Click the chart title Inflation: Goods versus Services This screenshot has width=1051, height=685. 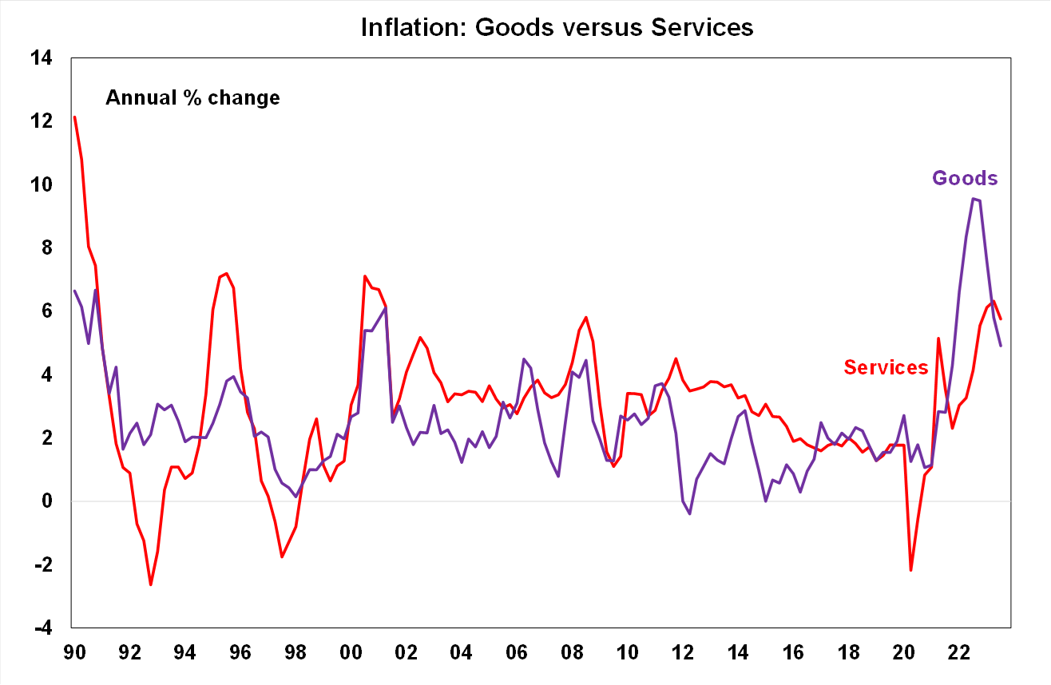pyautogui.click(x=557, y=27)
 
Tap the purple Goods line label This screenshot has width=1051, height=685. pyautogui.click(x=965, y=178)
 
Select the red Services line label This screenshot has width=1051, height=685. pyautogui.click(x=886, y=367)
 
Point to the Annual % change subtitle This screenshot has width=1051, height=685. pyautogui.click(x=192, y=98)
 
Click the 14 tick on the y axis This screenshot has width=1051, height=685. pyautogui.click(x=41, y=58)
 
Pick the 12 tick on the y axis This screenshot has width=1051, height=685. pyautogui.click(x=41, y=121)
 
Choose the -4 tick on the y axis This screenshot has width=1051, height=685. pyautogui.click(x=41, y=628)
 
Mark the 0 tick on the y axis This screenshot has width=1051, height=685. pyautogui.click(x=47, y=501)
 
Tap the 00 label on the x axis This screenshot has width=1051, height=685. pyautogui.click(x=351, y=652)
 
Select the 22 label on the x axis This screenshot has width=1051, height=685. pyautogui.click(x=960, y=652)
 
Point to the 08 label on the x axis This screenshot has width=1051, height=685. pyautogui.click(x=573, y=652)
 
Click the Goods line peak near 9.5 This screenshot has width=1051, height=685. pyautogui.click(x=974, y=199)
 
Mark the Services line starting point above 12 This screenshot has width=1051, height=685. pyautogui.click(x=74, y=117)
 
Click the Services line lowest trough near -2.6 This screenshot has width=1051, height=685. pyautogui.click(x=150, y=584)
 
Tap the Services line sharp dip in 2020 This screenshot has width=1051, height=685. pyautogui.click(x=910, y=570)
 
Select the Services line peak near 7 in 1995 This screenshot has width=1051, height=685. pyautogui.click(x=227, y=274)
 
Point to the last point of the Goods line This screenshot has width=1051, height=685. pyautogui.click(x=1001, y=346)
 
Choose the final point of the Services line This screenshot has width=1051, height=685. pyautogui.click(x=1001, y=319)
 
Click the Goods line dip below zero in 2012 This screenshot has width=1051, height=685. pyautogui.click(x=689, y=513)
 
